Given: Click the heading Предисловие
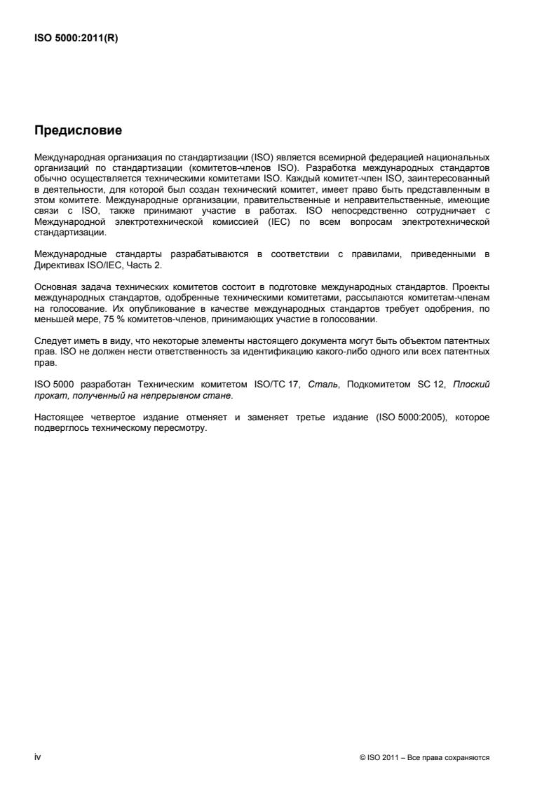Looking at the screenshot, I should coord(78,130).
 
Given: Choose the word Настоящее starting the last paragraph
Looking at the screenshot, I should coord(58,418).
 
